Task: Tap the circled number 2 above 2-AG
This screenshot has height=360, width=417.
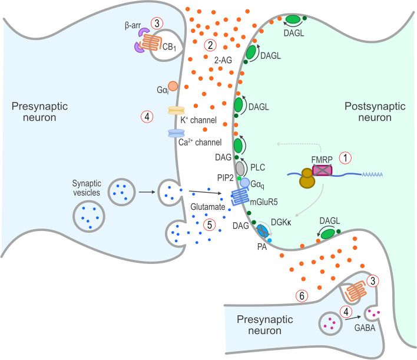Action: [x=207, y=45]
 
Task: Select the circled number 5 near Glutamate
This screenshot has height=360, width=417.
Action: [x=207, y=224]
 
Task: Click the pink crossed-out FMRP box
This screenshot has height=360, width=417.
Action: [x=322, y=170]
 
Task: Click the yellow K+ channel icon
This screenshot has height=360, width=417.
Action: [x=177, y=110]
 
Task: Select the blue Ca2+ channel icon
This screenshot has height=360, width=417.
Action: [x=176, y=134]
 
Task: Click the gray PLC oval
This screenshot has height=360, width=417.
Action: [x=240, y=169]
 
